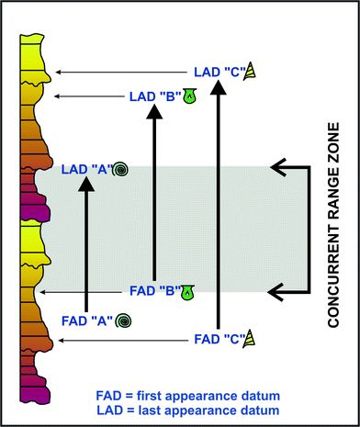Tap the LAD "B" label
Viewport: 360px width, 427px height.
pyautogui.click(x=152, y=94)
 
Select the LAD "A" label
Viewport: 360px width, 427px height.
pyautogui.click(x=85, y=169)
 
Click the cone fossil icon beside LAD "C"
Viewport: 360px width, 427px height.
pyautogui.click(x=250, y=70)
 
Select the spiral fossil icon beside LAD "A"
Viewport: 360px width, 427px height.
pyautogui.click(x=121, y=169)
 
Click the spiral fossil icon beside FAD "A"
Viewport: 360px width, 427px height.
pyautogui.click(x=124, y=320)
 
